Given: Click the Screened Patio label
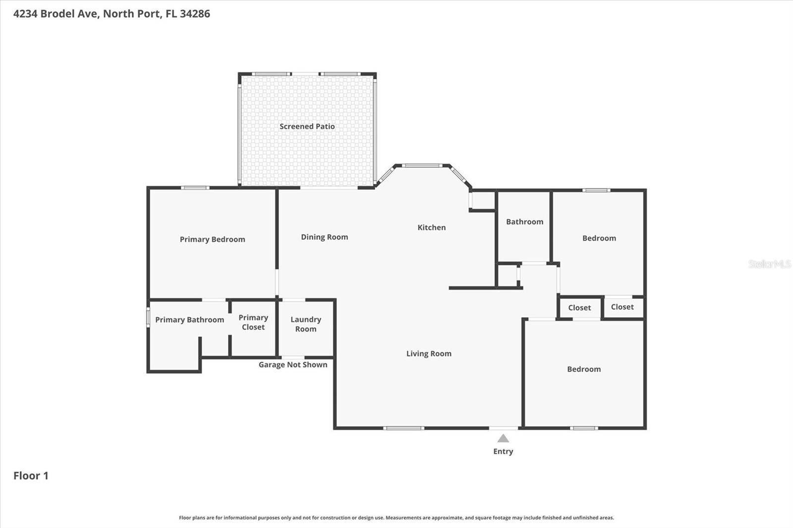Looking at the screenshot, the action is pyautogui.click(x=307, y=126).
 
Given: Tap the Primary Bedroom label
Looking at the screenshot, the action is pyautogui.click(x=213, y=239).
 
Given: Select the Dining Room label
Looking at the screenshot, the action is pyautogui.click(x=325, y=237).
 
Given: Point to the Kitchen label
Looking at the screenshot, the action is pyautogui.click(x=432, y=227).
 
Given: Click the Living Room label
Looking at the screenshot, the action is pyautogui.click(x=429, y=354).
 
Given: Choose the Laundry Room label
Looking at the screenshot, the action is pyautogui.click(x=306, y=324).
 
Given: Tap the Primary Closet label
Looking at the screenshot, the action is pyautogui.click(x=253, y=322).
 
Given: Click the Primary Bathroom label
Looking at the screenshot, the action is pyautogui.click(x=189, y=320).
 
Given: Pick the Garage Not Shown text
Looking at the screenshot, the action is pyautogui.click(x=293, y=365).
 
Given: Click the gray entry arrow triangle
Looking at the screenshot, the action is pyautogui.click(x=503, y=439).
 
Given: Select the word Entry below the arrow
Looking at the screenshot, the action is pyautogui.click(x=503, y=452).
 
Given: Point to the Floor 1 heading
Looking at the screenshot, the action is pyautogui.click(x=31, y=475).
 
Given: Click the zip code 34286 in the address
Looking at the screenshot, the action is pyautogui.click(x=195, y=13).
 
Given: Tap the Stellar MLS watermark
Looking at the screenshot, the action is pyautogui.click(x=770, y=264).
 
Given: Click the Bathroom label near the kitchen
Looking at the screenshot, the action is pyautogui.click(x=525, y=222).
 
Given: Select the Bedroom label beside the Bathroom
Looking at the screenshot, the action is pyautogui.click(x=599, y=238).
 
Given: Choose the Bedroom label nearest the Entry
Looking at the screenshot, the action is pyautogui.click(x=584, y=369).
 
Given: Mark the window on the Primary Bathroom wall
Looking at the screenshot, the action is pyautogui.click(x=148, y=317).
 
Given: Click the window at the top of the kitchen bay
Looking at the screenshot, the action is pyautogui.click(x=422, y=165).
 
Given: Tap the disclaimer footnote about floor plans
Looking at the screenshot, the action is pyautogui.click(x=396, y=518).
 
